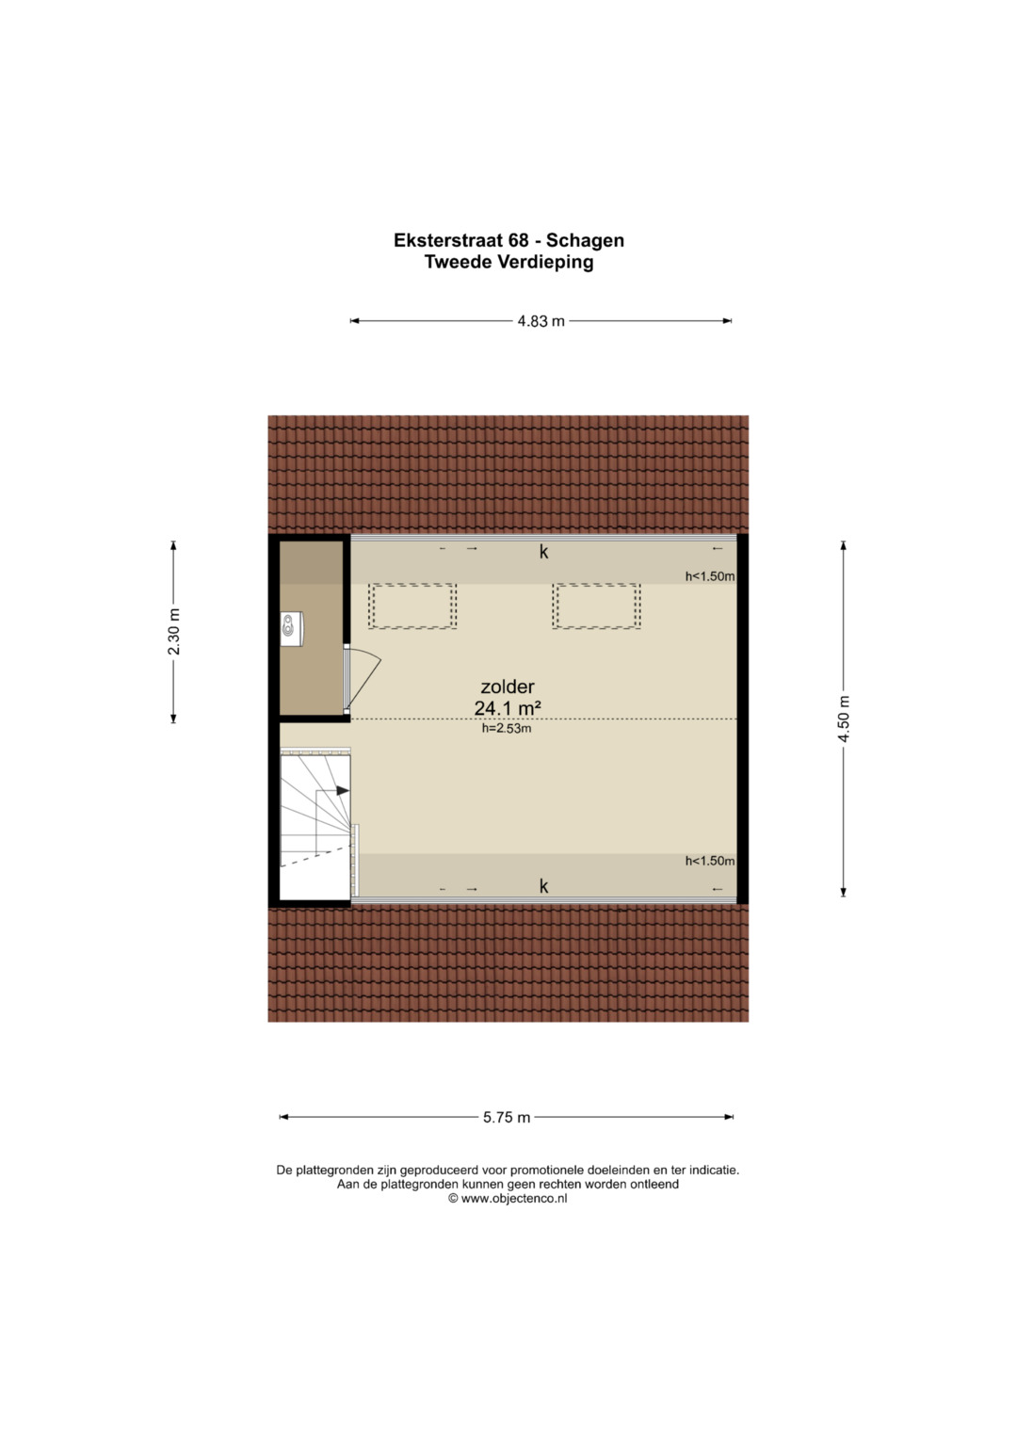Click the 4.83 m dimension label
pyautogui.click(x=541, y=321)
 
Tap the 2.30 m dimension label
pyautogui.click(x=174, y=631)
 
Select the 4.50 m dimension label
pyautogui.click(x=844, y=719)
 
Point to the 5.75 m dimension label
pyautogui.click(x=507, y=1117)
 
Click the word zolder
pyautogui.click(x=508, y=687)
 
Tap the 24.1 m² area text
pyautogui.click(x=508, y=708)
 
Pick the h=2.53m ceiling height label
pyautogui.click(x=507, y=729)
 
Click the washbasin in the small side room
pyautogui.click(x=292, y=629)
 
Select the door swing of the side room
pyautogui.click(x=363, y=678)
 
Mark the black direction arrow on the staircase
pyautogui.click(x=343, y=790)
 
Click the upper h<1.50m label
pyautogui.click(x=709, y=576)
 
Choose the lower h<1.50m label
pyautogui.click(x=709, y=861)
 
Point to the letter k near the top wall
pyautogui.click(x=544, y=552)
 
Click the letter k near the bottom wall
pyautogui.click(x=544, y=886)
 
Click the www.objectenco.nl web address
pyautogui.click(x=513, y=1198)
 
